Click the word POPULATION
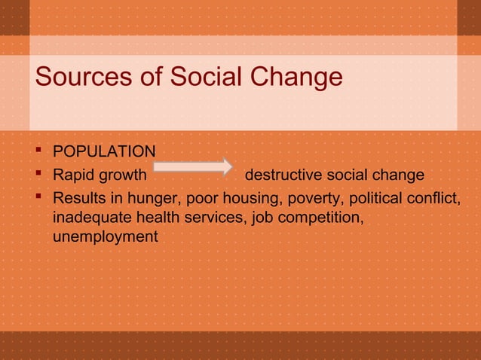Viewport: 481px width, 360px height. (104, 152)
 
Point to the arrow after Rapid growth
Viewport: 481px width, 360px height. (195, 166)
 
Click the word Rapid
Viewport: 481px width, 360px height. (72, 175)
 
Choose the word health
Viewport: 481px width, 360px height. (154, 218)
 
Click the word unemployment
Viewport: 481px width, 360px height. (106, 237)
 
